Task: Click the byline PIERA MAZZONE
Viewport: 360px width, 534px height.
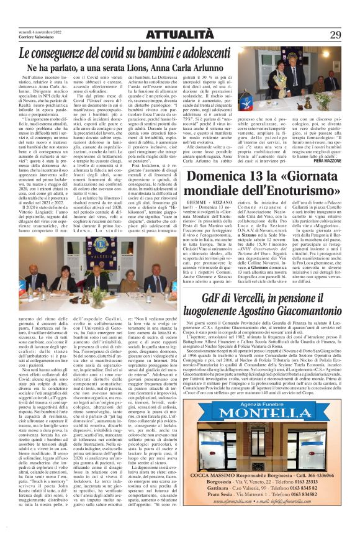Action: [x=337, y=143]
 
